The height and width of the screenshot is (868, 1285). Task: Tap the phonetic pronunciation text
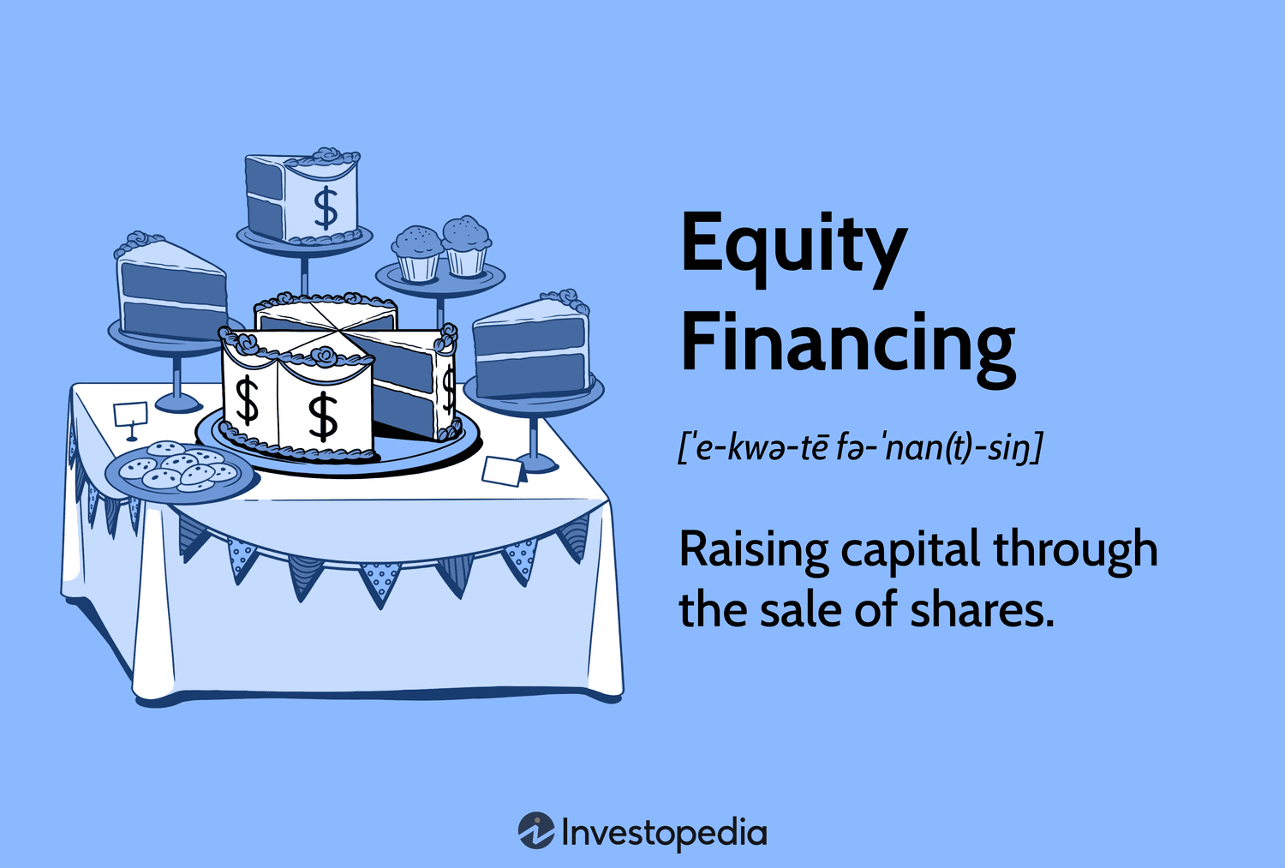click(859, 447)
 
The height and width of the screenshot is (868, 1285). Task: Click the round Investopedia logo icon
click(536, 831)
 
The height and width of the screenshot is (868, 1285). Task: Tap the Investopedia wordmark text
click(664, 833)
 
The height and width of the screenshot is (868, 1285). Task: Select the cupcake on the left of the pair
click(417, 252)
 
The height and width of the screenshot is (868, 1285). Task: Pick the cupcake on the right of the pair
click(467, 245)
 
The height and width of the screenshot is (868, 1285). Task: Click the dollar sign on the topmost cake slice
click(326, 208)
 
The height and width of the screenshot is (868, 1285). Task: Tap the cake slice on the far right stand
click(532, 344)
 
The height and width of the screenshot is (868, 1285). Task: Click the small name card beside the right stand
click(504, 470)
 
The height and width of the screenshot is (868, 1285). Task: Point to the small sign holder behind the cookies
click(130, 418)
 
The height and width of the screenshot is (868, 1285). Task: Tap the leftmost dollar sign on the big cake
click(248, 399)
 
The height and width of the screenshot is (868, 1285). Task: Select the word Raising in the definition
click(754, 551)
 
